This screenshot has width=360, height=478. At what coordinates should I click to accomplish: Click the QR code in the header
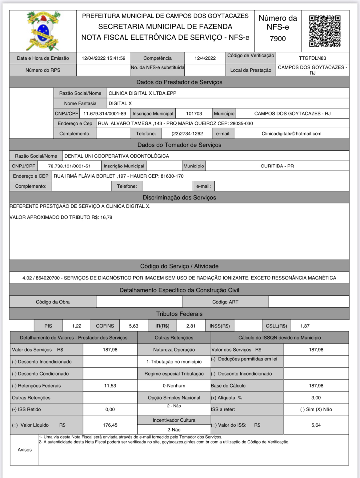coord(325,31)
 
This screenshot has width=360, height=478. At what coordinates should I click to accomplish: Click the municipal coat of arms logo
coord(43,31)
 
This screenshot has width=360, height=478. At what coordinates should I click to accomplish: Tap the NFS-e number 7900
coord(278,39)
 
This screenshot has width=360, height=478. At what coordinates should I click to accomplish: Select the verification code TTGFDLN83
coord(312,58)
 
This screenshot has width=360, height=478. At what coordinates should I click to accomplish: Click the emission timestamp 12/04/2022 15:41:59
coord(103,58)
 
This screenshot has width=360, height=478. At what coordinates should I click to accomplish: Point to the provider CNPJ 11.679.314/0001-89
coord(105,114)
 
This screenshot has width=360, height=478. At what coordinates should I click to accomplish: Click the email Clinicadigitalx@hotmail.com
coord(291,134)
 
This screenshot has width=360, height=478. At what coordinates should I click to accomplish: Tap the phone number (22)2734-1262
coord(187,134)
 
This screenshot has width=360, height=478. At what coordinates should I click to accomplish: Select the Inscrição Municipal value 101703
coord(194,114)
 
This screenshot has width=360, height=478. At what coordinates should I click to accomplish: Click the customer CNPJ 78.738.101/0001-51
coord(69,166)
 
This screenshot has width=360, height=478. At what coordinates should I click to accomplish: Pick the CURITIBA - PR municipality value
coord(277,166)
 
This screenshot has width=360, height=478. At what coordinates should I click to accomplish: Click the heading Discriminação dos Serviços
coord(179,198)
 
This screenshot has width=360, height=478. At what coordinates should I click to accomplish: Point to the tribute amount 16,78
coord(106,217)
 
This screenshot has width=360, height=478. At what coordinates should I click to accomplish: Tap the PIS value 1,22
coord(77,326)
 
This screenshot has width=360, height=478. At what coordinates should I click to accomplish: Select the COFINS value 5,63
coord(134,326)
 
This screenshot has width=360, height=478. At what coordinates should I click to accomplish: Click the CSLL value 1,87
coord(305,326)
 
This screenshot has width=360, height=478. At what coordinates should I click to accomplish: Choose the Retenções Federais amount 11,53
coord(110,386)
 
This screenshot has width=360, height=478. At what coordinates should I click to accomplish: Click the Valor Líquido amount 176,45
coord(110,425)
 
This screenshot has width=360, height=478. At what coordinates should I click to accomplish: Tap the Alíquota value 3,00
coord(316,398)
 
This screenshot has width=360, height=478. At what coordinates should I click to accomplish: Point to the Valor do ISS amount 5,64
coord(316,425)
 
